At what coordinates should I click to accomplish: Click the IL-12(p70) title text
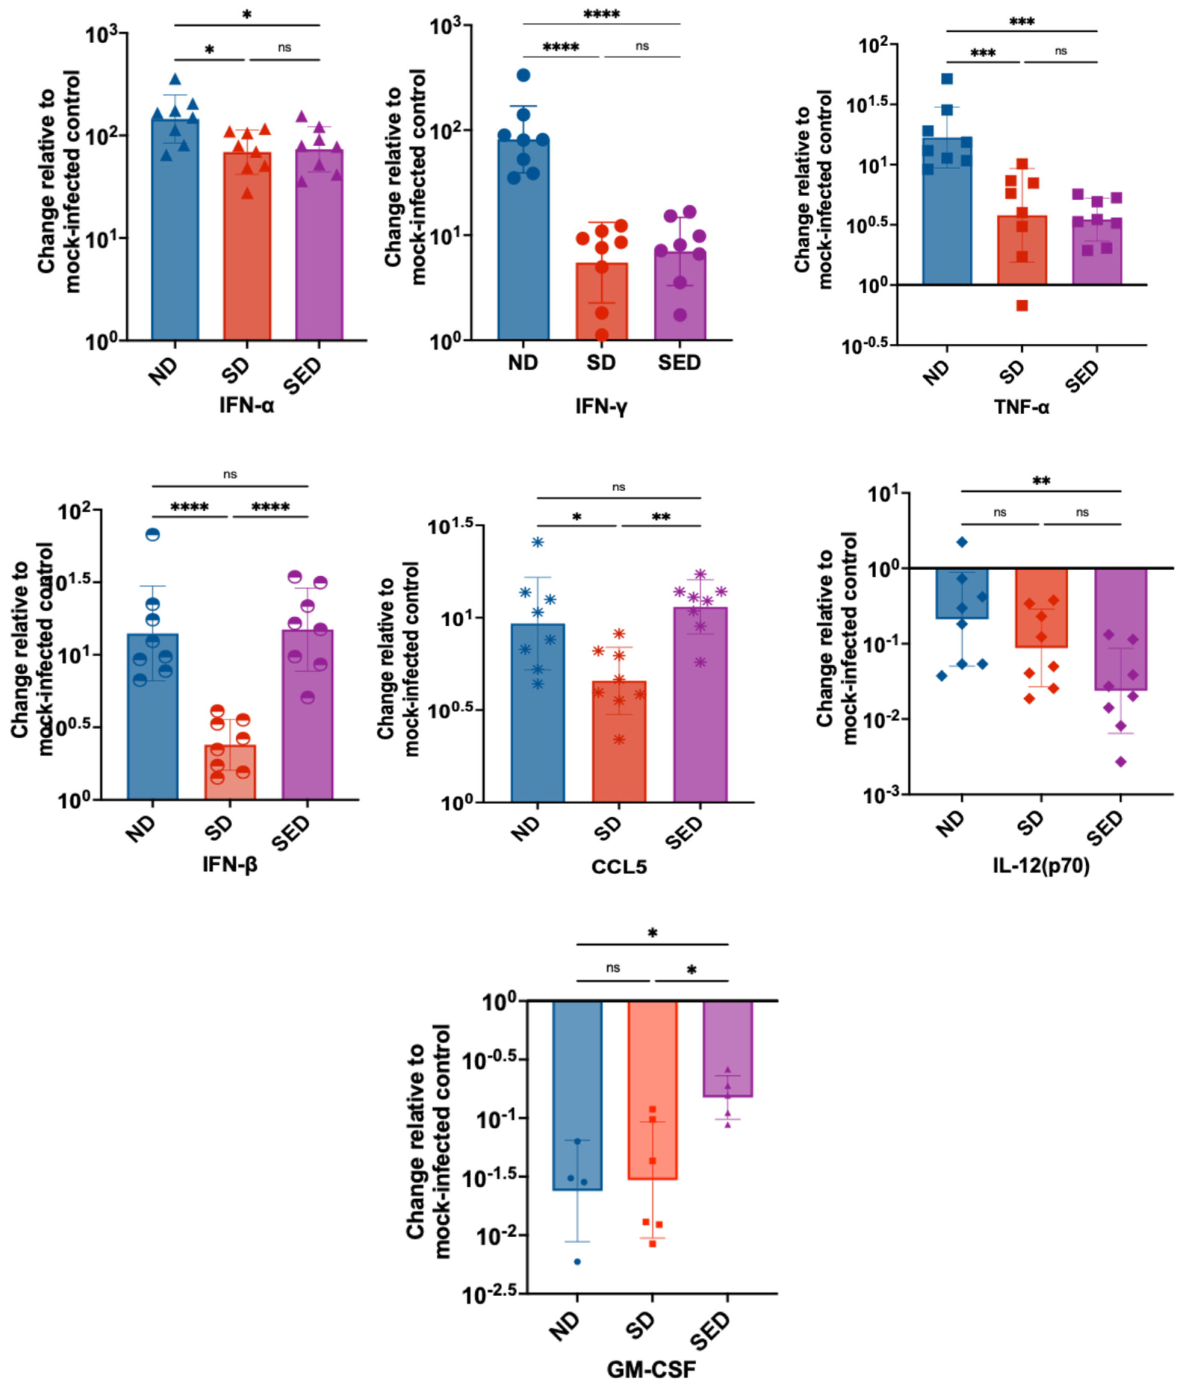[1041, 866]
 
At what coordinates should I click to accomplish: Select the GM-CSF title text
[651, 1368]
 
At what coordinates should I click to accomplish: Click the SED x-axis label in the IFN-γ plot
[679, 363]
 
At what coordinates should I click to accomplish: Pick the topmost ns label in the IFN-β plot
[230, 474]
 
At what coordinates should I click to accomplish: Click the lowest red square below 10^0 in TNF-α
[1022, 306]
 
